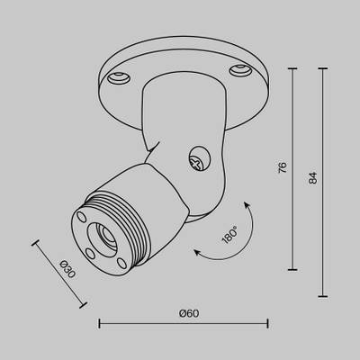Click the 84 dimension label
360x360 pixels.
(x=313, y=179)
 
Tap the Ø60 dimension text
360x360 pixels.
(x=188, y=312)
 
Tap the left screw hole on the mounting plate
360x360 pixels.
(x=116, y=78)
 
